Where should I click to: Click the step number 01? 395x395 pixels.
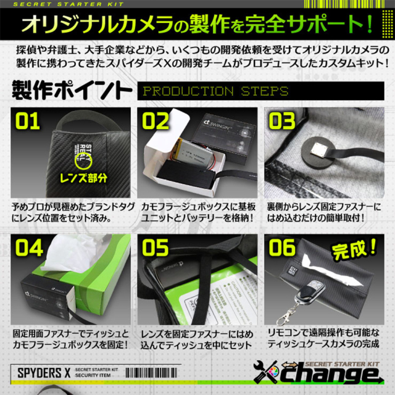(x=27, y=121)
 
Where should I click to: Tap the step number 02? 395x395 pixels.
(x=154, y=121)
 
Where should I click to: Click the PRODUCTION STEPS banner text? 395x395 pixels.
(x=215, y=92)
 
